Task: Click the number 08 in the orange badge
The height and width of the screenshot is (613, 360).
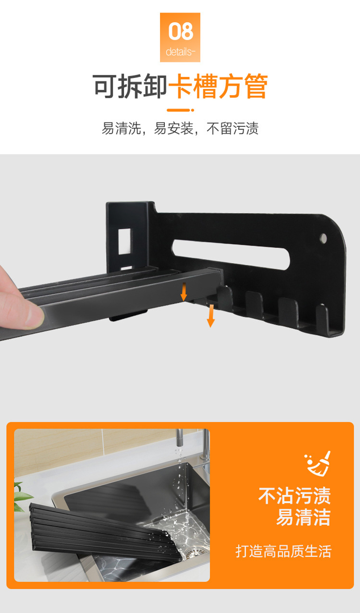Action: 180,31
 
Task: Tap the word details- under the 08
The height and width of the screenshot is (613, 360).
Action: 180,52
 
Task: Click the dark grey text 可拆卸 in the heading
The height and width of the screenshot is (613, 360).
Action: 130,86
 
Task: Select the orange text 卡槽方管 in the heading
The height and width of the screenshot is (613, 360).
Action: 218,86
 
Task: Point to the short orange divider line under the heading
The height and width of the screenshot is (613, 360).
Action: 180,110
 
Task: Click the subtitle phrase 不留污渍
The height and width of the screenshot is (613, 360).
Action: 232,129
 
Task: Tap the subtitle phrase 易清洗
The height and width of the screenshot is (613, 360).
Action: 121,129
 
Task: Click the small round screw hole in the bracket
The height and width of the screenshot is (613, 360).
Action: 323,238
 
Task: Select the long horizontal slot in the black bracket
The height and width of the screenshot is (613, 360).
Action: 231,254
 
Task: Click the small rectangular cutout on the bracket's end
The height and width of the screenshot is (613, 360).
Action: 124,241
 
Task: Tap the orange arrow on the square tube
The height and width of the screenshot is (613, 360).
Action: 184,291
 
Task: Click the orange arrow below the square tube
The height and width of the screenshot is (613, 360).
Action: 211,316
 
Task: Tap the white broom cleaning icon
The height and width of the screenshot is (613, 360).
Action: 318,464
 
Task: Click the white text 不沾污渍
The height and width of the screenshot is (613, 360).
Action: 295,496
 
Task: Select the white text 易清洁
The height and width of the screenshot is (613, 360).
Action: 303,517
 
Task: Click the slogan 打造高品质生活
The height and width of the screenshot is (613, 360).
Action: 283,551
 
